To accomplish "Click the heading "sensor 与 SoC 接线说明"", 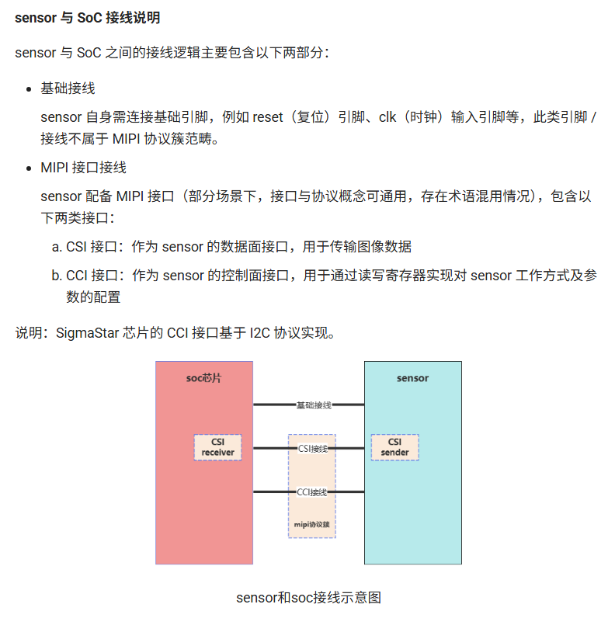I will [x=88, y=17].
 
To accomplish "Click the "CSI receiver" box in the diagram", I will [x=217, y=447].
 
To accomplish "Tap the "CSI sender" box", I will [x=394, y=447].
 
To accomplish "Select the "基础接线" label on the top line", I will [x=314, y=405].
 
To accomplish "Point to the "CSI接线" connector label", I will [x=312, y=448].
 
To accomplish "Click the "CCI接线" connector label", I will [x=312, y=492].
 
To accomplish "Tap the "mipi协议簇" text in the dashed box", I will [x=311, y=525].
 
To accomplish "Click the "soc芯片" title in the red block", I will [x=203, y=378].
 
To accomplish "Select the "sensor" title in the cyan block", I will [x=412, y=378].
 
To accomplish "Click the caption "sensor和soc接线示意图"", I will [x=308, y=598].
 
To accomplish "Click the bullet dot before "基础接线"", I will [x=29, y=89].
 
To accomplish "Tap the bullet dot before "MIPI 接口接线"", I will [x=29, y=168].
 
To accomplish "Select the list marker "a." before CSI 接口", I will [x=57, y=247].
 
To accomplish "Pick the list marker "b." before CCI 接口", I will [x=57, y=276].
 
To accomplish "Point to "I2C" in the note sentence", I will [x=262, y=333].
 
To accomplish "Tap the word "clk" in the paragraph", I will [x=388, y=117].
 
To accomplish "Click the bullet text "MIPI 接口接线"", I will [x=83, y=168].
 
